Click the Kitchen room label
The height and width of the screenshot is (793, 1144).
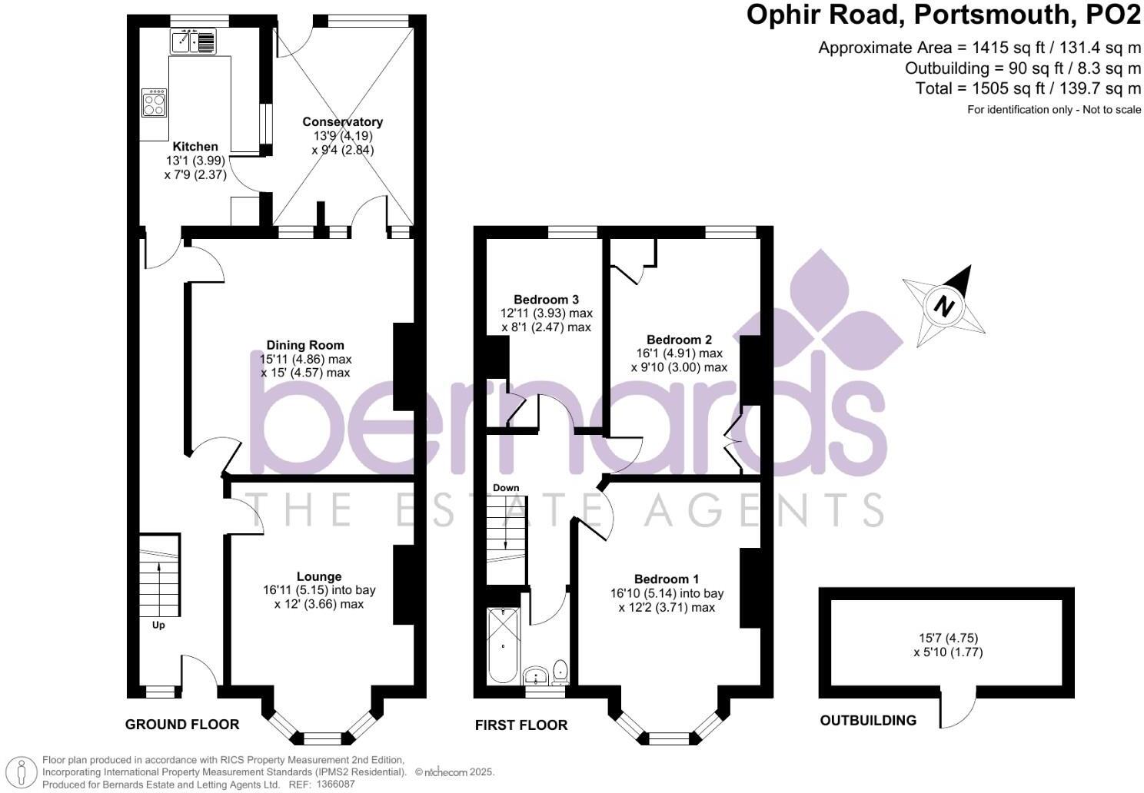pyautogui.click(x=195, y=147)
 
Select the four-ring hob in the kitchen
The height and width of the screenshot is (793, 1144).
pyautogui.click(x=154, y=104)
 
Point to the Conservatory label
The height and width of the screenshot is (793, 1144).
pyautogui.click(x=342, y=122)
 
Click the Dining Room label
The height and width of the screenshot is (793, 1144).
pyautogui.click(x=305, y=346)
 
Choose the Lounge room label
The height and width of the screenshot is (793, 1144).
pyautogui.click(x=319, y=577)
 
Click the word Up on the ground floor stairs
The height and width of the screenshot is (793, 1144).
pyautogui.click(x=158, y=625)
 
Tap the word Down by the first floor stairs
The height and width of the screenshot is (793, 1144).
pyautogui.click(x=506, y=488)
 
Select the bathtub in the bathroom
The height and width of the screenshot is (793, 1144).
pyautogui.click(x=504, y=645)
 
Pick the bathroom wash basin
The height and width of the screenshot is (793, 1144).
pyautogui.click(x=536, y=676)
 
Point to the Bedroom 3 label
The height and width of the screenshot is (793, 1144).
pyautogui.click(x=546, y=300)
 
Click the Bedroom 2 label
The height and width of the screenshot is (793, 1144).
pyautogui.click(x=679, y=340)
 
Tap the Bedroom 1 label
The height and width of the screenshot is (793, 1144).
pyautogui.click(x=667, y=579)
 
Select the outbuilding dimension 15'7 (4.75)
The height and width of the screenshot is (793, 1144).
pyautogui.click(x=948, y=638)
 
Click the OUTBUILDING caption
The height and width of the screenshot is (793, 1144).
pyautogui.click(x=868, y=721)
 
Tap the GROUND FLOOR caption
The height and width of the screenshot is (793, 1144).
pyautogui.click(x=182, y=725)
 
